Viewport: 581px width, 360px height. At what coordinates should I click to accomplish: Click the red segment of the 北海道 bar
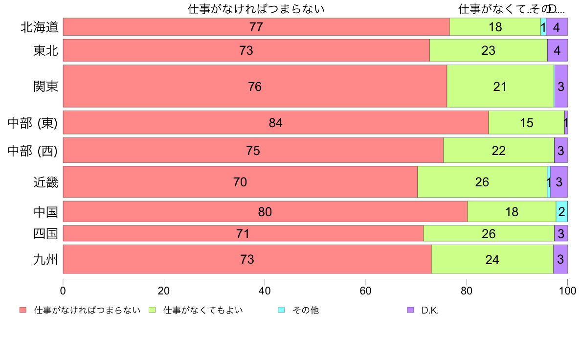[x=256, y=27]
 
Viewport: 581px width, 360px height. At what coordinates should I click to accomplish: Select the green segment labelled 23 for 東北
[x=488, y=50]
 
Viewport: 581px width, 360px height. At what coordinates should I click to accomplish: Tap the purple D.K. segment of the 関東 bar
[x=561, y=86]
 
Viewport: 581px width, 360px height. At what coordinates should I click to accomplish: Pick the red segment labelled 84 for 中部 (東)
[x=276, y=123]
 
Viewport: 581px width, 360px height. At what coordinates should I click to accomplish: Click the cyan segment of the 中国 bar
[x=561, y=212]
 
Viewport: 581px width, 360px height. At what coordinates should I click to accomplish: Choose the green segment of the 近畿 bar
[x=482, y=182]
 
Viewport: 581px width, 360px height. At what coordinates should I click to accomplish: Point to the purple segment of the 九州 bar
[x=560, y=259]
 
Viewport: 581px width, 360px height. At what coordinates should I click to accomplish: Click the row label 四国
[x=45, y=234]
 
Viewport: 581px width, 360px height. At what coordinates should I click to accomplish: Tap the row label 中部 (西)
[x=33, y=151]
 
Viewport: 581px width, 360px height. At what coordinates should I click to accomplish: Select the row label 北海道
[x=39, y=27]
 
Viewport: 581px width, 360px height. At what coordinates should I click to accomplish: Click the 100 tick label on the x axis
[x=567, y=291]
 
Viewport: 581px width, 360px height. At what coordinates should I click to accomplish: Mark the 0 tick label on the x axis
[x=63, y=291]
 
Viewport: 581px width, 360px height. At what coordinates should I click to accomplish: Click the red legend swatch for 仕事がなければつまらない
[x=22, y=310]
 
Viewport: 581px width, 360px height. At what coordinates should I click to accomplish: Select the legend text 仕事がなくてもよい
[x=203, y=310]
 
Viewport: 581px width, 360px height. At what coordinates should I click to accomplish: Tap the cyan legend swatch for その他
[x=281, y=310]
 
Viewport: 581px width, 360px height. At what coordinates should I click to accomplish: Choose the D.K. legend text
[x=430, y=310]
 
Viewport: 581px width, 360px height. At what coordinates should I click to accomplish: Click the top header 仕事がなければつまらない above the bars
[x=256, y=9]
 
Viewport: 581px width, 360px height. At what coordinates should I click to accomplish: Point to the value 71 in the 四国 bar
[x=243, y=234]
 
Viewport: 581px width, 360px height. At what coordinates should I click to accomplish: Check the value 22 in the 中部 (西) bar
[x=498, y=151]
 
